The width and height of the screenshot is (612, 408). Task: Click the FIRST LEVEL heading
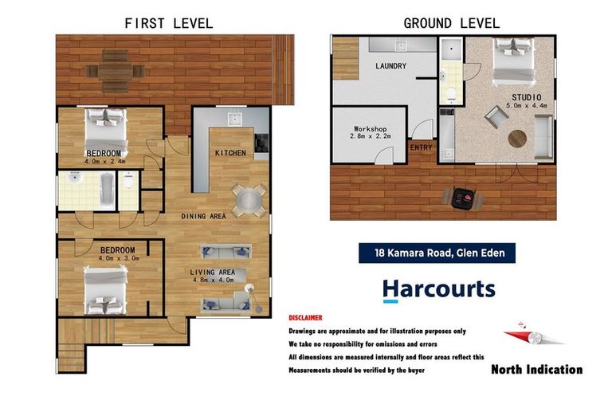169,23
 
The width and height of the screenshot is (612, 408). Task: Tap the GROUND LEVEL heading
452,23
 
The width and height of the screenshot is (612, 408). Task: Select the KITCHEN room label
230,153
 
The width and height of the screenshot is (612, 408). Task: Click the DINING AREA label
204,216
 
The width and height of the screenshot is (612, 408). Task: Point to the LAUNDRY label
390,66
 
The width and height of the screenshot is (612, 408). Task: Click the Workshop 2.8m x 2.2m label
370,132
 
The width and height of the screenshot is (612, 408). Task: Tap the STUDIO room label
527,97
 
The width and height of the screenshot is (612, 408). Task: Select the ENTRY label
421,147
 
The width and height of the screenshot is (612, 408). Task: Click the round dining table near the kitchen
249,201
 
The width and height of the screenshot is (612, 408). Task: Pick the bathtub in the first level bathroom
107,189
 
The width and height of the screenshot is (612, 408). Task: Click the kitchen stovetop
261,143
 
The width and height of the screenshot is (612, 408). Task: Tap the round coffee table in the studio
517,139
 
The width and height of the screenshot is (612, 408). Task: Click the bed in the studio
513,61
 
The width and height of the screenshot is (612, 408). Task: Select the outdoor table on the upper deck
115,71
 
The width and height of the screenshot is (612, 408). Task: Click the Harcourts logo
439,291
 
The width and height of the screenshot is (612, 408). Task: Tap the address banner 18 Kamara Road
437,253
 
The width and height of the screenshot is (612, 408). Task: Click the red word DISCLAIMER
306,318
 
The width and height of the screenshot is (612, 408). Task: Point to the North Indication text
536,369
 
